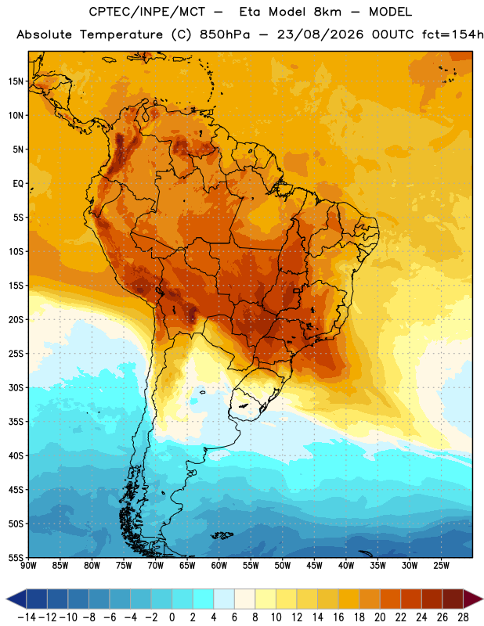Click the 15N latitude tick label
coord(16,81)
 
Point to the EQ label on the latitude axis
coord(18,184)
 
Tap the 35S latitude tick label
coord(16,422)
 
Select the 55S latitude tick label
coord(16,557)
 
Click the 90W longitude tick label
coord(28,566)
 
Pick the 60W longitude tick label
coord(219,566)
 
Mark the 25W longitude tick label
coord(441,566)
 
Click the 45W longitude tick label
coord(314,566)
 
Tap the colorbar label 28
coord(463,617)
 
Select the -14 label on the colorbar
coord(27,617)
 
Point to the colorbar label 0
coord(172,617)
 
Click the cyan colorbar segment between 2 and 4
coord(203,599)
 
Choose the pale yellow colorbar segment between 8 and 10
coord(265,599)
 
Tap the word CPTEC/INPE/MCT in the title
coord(146,12)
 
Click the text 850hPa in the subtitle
coord(225,34)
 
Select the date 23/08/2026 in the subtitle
coord(320,34)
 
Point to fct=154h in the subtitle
coord(452,34)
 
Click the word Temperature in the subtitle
coord(121,35)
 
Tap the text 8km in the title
coord(327,12)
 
